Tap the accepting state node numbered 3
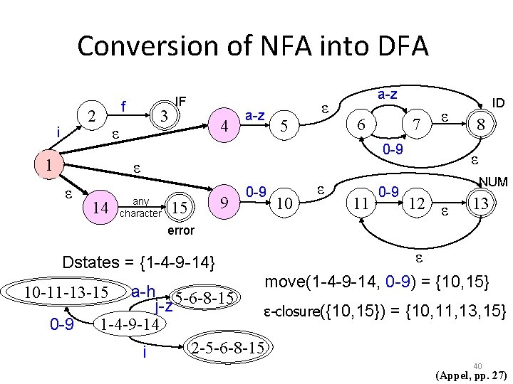click(164, 115)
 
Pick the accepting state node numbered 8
click(481, 124)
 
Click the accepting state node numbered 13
click(481, 204)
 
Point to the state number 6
click(362, 124)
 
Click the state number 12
click(417, 205)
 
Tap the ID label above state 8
click(498, 103)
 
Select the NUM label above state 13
click(492, 183)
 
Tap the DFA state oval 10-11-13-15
click(66, 292)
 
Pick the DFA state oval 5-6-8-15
click(206, 297)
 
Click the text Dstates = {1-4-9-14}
click(139, 262)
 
